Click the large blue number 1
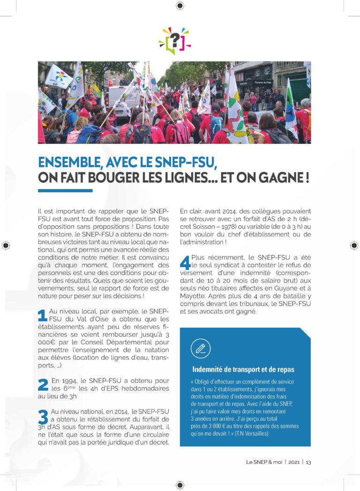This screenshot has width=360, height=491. (x=42, y=315)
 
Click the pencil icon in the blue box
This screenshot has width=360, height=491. (x=201, y=348)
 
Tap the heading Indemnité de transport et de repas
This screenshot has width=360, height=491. (x=243, y=370)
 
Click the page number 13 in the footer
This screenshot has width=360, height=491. (x=308, y=462)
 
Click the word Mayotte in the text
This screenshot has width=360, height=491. (x=194, y=296)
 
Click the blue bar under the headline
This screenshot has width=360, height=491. (x=65, y=191)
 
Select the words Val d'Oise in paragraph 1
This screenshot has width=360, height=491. (x=73, y=319)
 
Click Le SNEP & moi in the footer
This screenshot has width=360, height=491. (x=263, y=462)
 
